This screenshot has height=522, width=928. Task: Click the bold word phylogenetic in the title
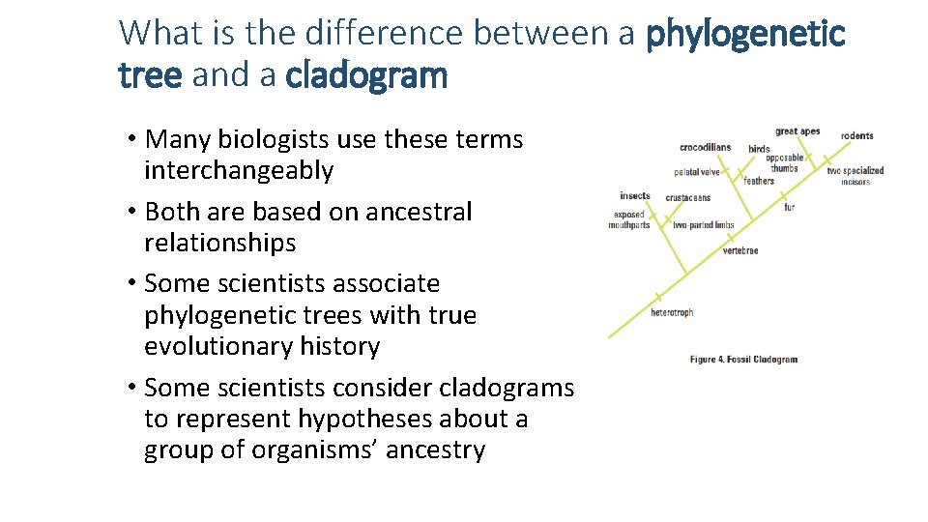point(745,34)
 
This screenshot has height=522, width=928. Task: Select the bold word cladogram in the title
point(366,75)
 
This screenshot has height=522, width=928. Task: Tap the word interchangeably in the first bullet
point(239,171)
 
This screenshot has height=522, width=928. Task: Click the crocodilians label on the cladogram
point(705,148)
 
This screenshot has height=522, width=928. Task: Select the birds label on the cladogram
point(759,149)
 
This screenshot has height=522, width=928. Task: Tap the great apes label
point(797,131)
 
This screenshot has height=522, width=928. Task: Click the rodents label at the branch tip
point(856,136)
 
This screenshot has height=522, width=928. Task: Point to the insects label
point(635,196)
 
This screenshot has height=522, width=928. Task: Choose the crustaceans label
point(687,198)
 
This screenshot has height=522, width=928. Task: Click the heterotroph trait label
point(672,313)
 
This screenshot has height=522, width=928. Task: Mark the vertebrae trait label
point(740,251)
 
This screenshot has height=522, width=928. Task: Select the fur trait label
point(789,208)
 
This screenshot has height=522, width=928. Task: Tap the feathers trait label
point(759,181)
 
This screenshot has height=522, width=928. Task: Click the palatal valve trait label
point(697,173)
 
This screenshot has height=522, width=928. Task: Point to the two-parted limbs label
point(704,225)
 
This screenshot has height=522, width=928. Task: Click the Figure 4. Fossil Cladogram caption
point(743,360)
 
